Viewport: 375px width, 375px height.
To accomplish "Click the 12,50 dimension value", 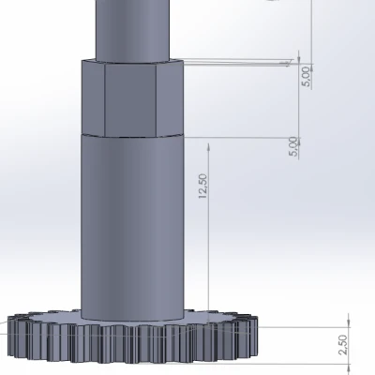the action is pyautogui.click(x=202, y=187).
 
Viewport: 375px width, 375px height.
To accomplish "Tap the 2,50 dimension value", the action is pyautogui.click(x=343, y=345).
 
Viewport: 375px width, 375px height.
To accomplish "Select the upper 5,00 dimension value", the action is pyautogui.click(x=307, y=77).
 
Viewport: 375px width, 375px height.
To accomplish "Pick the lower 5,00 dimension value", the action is pyautogui.click(x=293, y=146).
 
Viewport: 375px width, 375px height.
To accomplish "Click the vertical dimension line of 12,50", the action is pyautogui.click(x=209, y=232).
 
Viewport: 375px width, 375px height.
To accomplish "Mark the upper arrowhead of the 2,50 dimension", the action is pyautogui.click(x=349, y=323).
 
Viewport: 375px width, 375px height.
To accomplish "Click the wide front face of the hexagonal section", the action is pyautogui.click(x=130, y=100).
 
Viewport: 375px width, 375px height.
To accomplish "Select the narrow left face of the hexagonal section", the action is pyautogui.click(x=93, y=97).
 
